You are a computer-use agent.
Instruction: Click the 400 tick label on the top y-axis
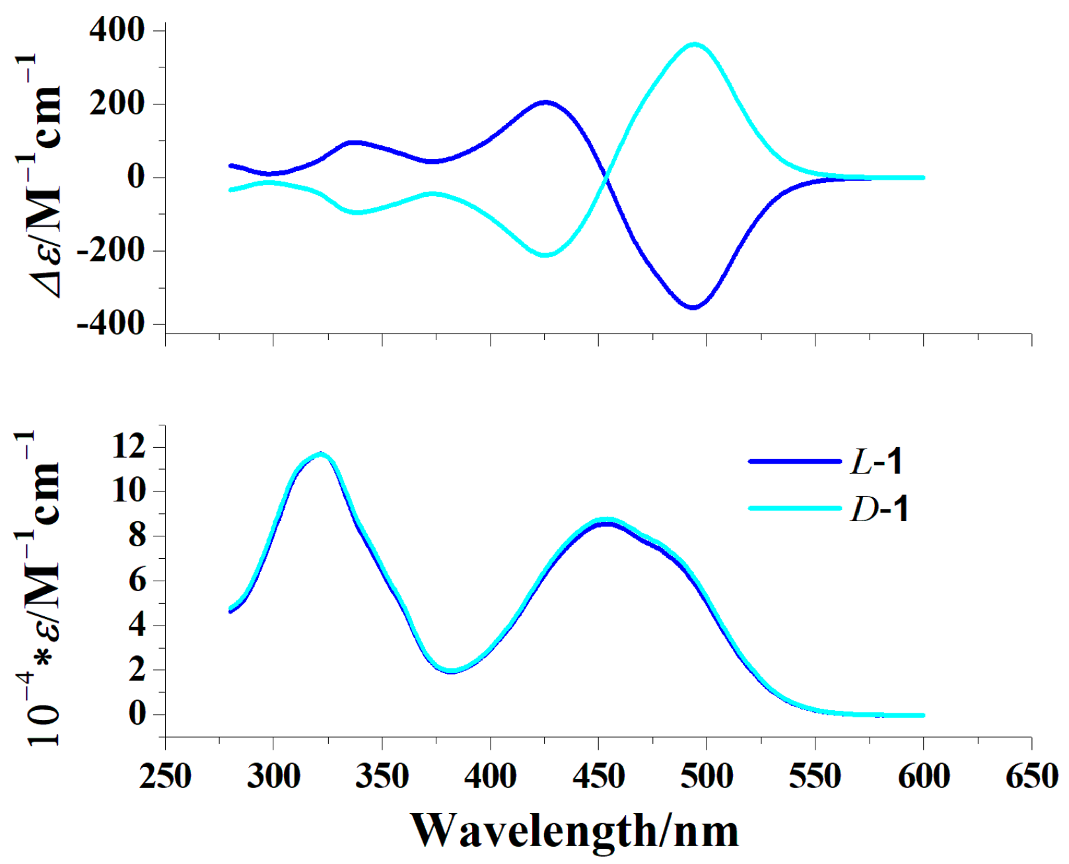117,30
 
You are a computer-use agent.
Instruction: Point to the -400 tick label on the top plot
110,324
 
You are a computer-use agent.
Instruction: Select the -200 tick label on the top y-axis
110,250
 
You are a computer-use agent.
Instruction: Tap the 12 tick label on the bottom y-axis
129,447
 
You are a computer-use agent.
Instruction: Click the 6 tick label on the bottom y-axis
137,581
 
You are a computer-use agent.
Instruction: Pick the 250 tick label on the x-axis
165,776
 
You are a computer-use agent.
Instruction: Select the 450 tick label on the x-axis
598,776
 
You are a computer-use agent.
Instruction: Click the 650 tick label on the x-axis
1031,776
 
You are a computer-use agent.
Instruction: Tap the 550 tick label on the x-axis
815,776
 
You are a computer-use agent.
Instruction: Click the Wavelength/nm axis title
574,830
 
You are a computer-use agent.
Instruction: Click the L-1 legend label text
876,461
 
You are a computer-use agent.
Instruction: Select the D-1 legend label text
879,509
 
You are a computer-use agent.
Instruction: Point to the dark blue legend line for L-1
795,462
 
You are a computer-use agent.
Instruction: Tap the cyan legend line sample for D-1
795,509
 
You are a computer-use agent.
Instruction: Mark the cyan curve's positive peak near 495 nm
694,44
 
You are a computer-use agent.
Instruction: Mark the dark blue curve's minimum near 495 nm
693,308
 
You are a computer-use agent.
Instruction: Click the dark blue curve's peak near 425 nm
545,102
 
